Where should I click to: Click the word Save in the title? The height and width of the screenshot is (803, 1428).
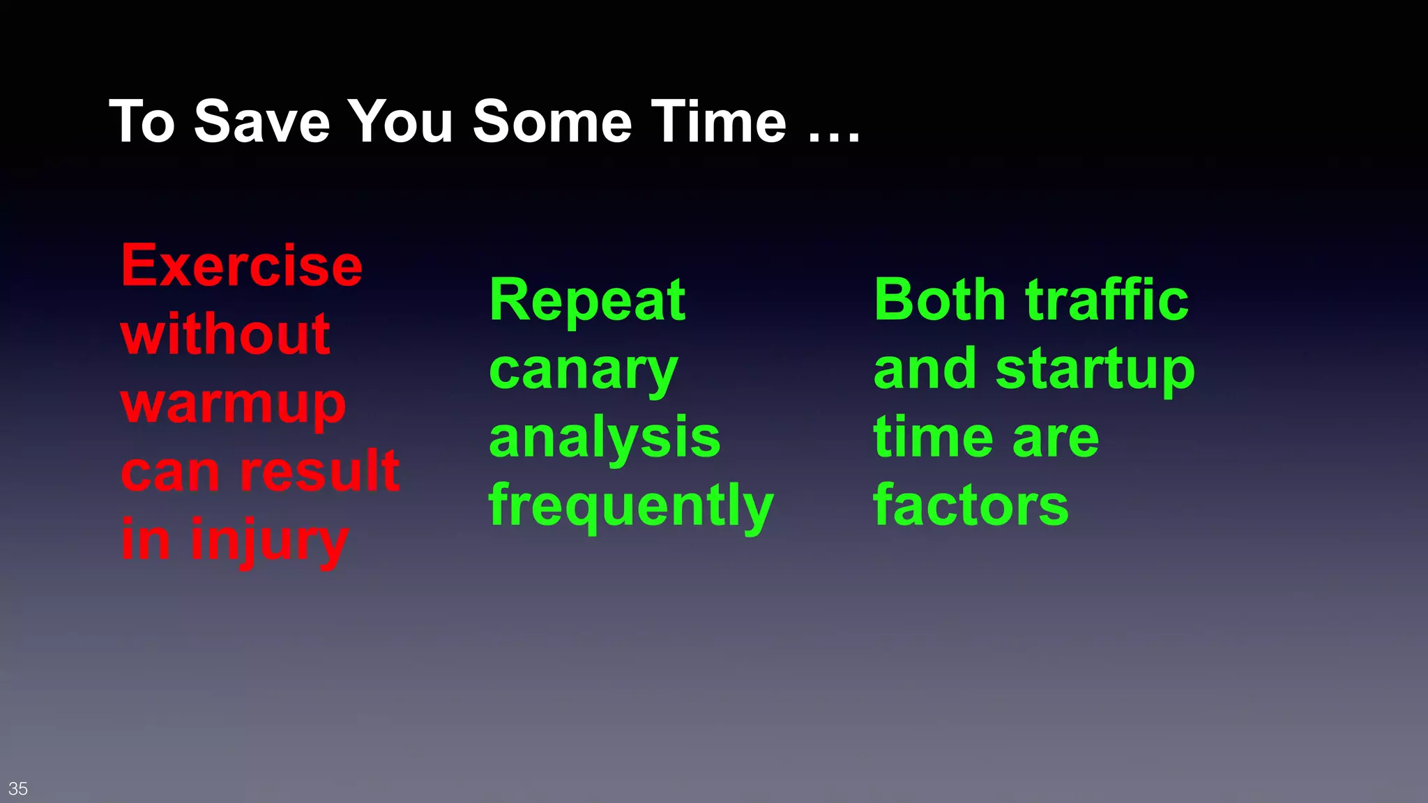tap(261, 122)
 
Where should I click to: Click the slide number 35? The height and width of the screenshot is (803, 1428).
tap(18, 788)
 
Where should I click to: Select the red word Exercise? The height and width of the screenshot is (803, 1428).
tap(242, 266)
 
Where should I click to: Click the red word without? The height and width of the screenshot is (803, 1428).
tap(225, 335)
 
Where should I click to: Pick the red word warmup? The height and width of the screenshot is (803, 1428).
tap(233, 405)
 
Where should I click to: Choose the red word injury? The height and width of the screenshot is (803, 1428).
tap(268, 541)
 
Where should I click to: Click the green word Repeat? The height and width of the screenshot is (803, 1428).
tap(588, 300)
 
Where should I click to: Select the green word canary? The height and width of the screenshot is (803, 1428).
tap(584, 371)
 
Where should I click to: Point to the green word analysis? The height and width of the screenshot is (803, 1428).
tap(605, 438)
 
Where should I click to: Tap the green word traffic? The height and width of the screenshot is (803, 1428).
tap(1107, 300)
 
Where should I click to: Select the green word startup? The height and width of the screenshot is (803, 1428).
tap(1095, 371)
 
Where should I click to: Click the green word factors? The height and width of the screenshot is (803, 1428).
tap(971, 505)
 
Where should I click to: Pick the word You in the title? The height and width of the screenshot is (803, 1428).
tap(400, 122)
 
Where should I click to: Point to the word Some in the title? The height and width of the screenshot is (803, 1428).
tap(552, 122)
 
